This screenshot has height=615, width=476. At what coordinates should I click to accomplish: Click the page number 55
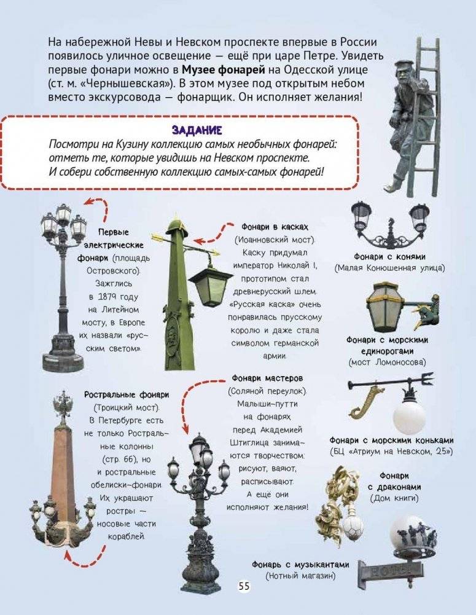click(x=243, y=586)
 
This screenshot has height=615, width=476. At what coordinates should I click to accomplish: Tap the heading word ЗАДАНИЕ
click(x=197, y=130)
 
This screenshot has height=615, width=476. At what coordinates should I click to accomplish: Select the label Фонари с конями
click(x=389, y=257)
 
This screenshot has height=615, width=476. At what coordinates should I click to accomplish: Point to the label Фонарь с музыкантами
click(x=300, y=565)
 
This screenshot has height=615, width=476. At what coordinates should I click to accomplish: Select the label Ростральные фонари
click(x=127, y=394)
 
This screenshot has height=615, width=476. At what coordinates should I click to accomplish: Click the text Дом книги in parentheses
click(x=394, y=498)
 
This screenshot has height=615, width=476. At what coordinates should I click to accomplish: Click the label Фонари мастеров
click(x=267, y=378)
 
